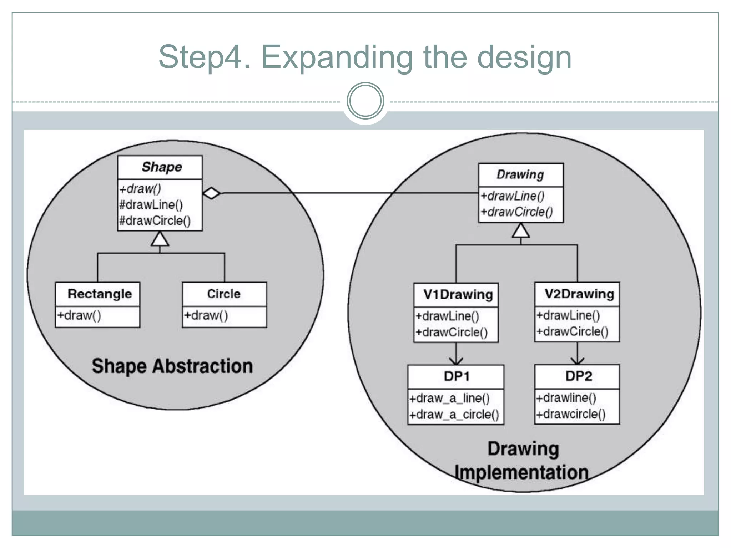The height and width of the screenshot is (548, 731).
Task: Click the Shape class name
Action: pos(162,167)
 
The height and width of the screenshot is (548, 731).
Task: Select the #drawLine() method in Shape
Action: pos(151,205)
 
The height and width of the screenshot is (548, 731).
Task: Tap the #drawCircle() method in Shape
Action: pos(155,221)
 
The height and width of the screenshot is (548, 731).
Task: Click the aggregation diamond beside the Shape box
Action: pos(212,193)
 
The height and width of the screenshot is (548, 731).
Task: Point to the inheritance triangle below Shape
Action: pos(160,239)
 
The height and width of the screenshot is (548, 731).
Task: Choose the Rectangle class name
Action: pos(100,294)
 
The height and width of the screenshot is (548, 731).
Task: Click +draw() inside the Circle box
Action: pos(206,315)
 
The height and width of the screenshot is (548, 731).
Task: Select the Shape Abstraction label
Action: pos(172,366)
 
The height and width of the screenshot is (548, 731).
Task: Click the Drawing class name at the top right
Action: pos(520,174)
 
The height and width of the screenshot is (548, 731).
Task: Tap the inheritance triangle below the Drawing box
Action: pos(521,230)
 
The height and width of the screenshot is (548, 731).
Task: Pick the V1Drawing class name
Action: pos(458,295)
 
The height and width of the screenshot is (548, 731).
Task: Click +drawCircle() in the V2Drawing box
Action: pos(573,331)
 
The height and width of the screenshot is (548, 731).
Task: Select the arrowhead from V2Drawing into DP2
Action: pos(577,360)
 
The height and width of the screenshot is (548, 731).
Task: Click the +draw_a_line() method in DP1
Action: pos(449,398)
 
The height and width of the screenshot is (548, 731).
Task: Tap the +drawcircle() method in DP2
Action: pos(571,414)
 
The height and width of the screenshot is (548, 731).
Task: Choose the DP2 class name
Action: pos(579,376)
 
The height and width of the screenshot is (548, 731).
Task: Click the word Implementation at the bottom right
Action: pos(521,472)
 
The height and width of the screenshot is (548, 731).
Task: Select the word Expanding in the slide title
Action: pos(337,57)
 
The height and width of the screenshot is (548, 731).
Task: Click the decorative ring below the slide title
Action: pos(365,101)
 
